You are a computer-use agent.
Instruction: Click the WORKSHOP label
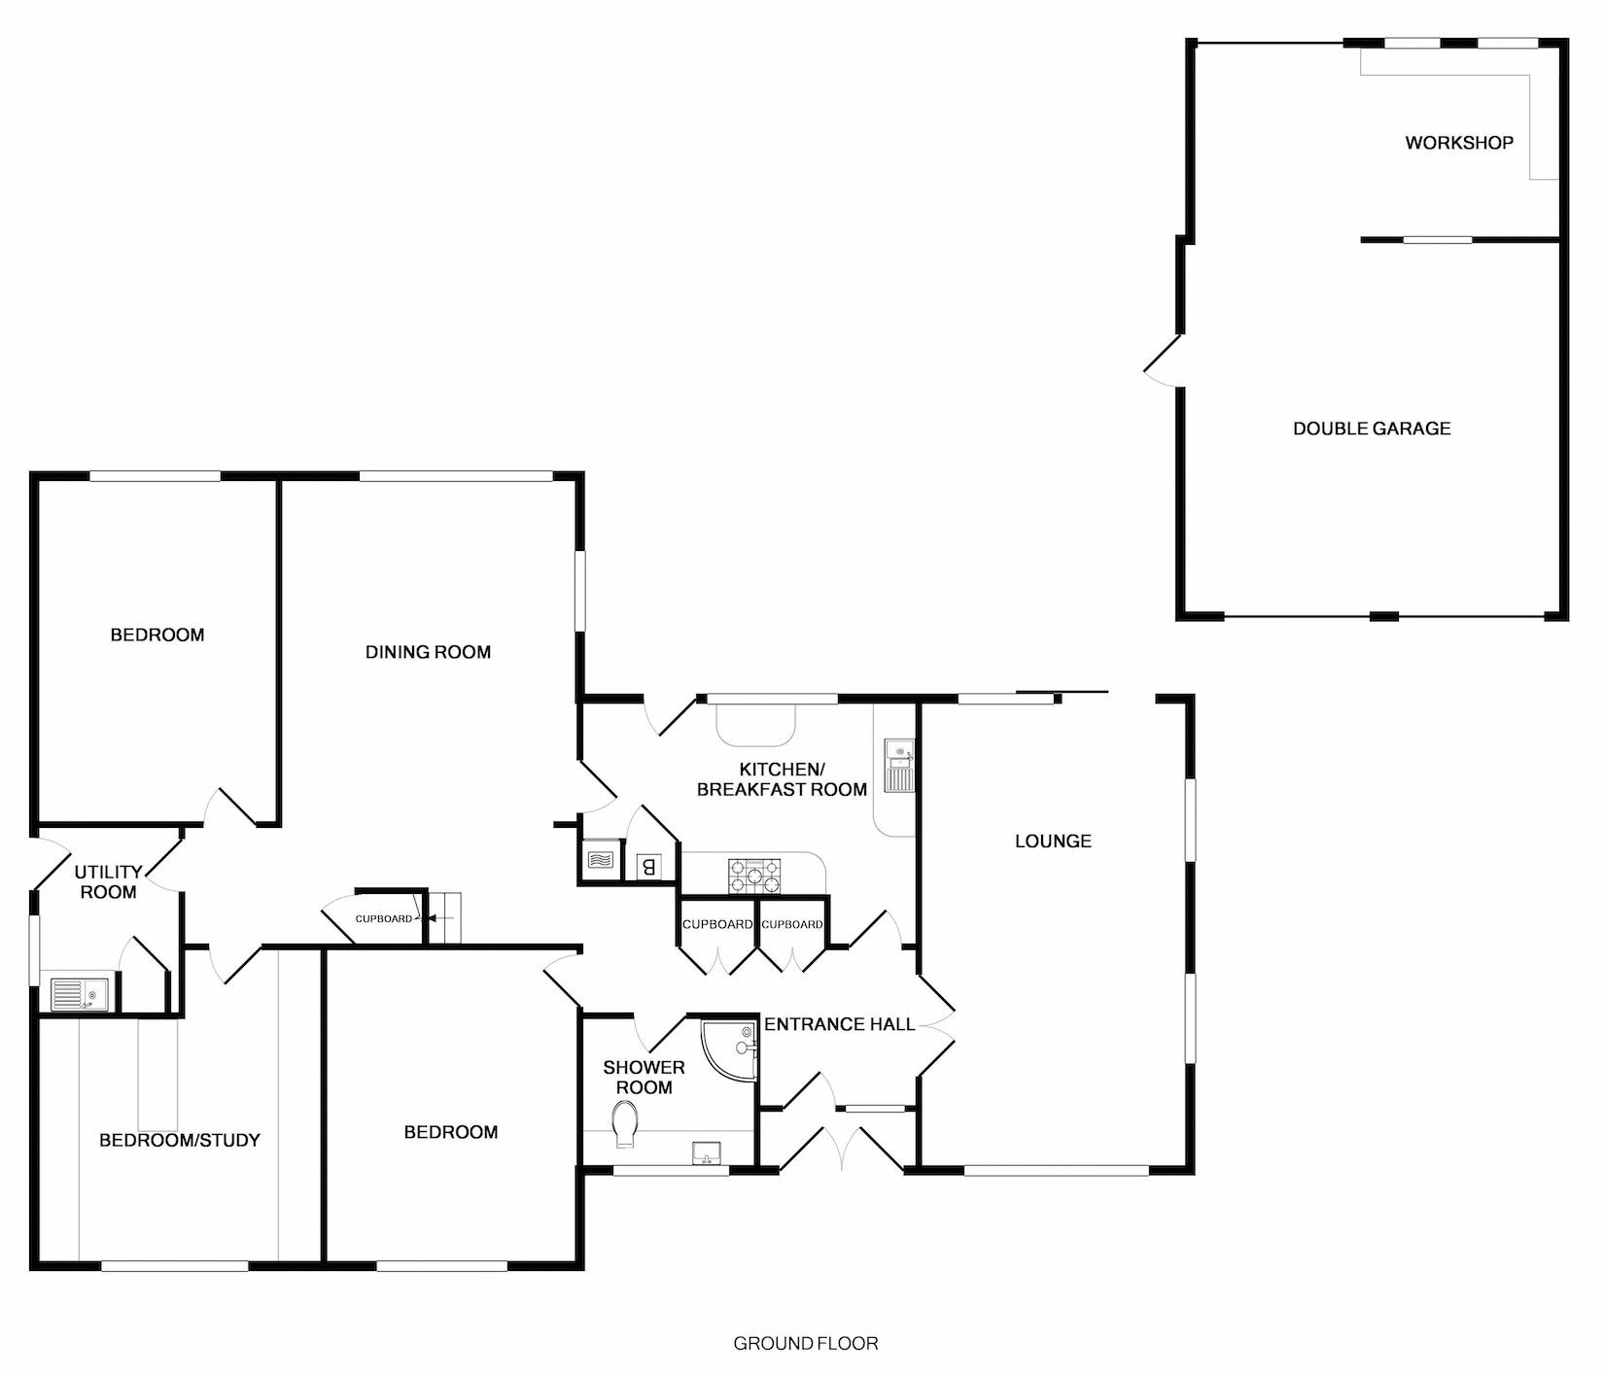[1458, 143]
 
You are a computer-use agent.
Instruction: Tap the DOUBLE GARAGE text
[1371, 429]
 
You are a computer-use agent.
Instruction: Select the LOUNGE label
[1053, 842]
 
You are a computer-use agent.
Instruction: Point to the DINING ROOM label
[428, 652]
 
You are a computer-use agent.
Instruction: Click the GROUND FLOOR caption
[805, 1344]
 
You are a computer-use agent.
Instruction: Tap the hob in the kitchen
[754, 875]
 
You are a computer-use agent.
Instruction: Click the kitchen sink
[897, 766]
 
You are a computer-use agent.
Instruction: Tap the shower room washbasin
[706, 1152]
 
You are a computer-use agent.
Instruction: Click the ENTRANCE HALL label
[839, 1024]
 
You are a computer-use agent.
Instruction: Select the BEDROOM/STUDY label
[180, 1140]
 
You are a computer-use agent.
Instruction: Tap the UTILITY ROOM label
[108, 882]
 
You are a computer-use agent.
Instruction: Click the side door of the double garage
[1165, 361]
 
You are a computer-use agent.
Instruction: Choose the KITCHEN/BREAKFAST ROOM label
[782, 779]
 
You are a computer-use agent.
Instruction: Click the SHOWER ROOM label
[644, 1078]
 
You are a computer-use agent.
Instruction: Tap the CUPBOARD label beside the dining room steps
[383, 918]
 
